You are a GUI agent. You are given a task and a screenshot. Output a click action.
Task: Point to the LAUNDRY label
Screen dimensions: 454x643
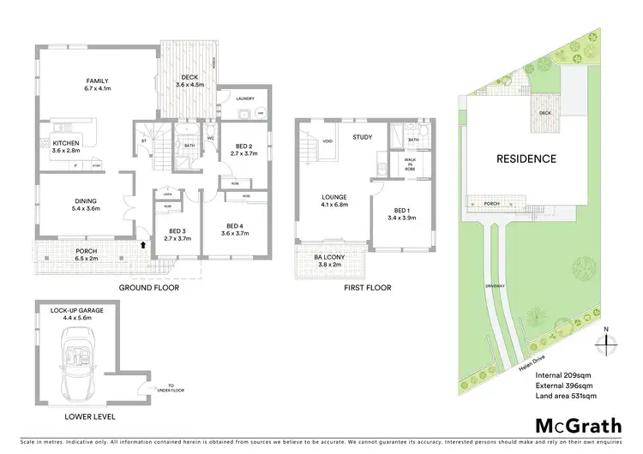[244, 99]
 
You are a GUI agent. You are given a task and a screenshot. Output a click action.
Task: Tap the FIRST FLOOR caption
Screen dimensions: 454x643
[367, 288]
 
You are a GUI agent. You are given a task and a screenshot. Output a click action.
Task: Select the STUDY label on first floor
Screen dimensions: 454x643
[362, 136]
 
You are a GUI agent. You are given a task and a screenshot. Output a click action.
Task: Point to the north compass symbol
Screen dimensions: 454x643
[606, 342]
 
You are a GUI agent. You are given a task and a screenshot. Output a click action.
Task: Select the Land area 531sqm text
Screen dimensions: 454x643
[565, 397]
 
